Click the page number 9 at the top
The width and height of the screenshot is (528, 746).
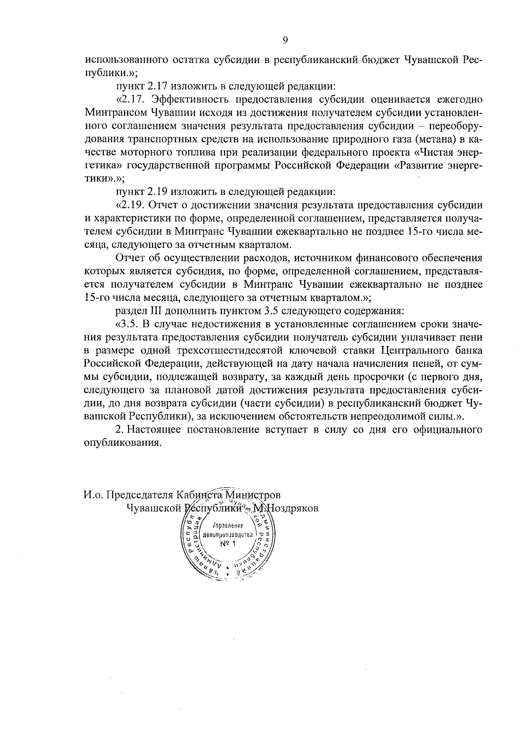tap(285, 40)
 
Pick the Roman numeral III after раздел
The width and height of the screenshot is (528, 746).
tap(145, 311)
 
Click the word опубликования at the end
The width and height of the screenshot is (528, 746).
tap(120, 443)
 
